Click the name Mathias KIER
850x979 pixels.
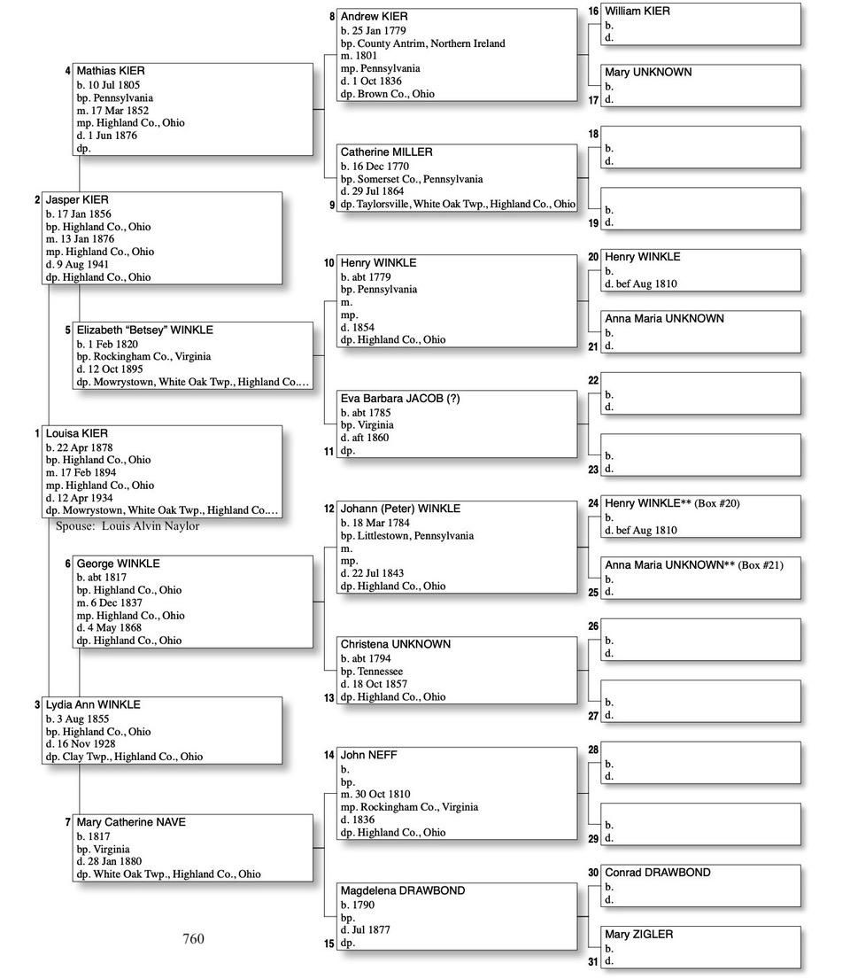pyautogui.click(x=111, y=71)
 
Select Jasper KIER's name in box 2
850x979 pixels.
pyautogui.click(x=77, y=200)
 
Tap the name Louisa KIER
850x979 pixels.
pyautogui.click(x=77, y=434)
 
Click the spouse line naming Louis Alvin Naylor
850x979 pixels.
pyautogui.click(x=127, y=526)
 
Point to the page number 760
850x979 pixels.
pyautogui.click(x=193, y=939)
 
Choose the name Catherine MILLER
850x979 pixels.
pyautogui.click(x=386, y=152)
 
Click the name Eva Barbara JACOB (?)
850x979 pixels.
pyautogui.click(x=400, y=399)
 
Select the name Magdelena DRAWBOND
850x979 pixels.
pyautogui.click(x=403, y=891)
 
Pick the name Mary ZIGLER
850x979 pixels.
pyautogui.click(x=638, y=935)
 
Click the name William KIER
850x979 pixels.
pyautogui.click(x=637, y=12)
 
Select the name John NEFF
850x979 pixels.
pyautogui.click(x=369, y=756)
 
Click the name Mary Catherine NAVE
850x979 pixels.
pyautogui.click(x=131, y=823)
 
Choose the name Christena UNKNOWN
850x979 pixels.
pyautogui.click(x=396, y=645)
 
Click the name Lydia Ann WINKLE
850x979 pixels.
pyautogui.click(x=93, y=705)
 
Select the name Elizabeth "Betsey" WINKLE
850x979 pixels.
pyautogui.click(x=144, y=330)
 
